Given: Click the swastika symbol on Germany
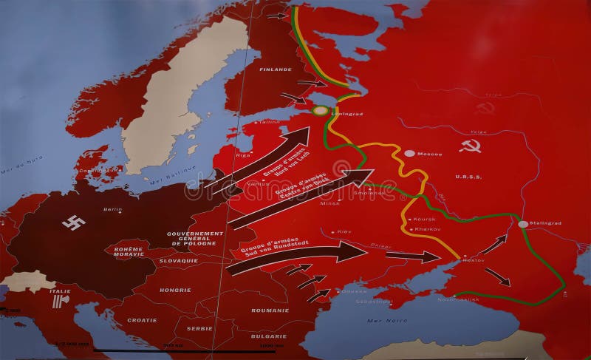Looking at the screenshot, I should click(x=74, y=223).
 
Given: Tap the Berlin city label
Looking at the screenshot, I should click(x=112, y=209).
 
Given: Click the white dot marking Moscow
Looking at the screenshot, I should click(x=409, y=153).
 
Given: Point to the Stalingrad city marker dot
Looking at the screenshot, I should click(x=523, y=224).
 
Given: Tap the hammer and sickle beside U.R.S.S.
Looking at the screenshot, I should click(x=470, y=146).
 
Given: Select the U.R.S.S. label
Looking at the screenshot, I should click(x=468, y=177).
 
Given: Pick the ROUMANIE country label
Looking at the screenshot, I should click(x=270, y=311).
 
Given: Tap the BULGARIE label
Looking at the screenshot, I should click(x=269, y=336).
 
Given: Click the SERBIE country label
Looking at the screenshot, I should click(x=200, y=328).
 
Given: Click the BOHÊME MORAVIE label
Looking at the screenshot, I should click(x=128, y=253).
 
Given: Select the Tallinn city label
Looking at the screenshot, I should click(x=270, y=121).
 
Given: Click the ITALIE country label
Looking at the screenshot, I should click(x=61, y=292).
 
